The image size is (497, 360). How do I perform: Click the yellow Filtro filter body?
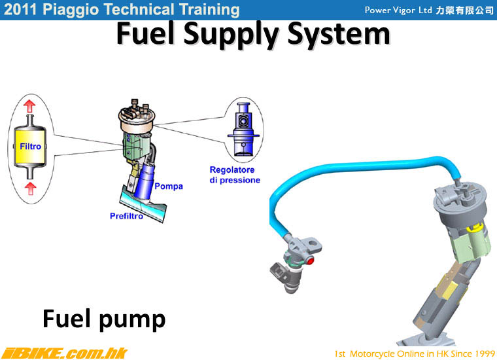(30, 147)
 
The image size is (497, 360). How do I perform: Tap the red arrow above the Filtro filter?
(30, 106)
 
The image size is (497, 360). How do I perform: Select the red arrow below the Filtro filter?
(30, 188)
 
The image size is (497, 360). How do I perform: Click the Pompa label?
(169, 186)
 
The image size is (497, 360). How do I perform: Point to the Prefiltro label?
(126, 216)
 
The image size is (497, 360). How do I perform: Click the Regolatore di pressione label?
(235, 175)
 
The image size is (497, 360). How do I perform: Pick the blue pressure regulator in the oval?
(243, 130)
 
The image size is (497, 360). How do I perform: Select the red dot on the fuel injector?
(311, 261)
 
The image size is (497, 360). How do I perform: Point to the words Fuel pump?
(104, 319)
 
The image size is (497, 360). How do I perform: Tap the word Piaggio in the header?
(71, 10)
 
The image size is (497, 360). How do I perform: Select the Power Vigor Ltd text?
(398, 10)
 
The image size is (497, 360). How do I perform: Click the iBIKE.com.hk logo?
(64, 353)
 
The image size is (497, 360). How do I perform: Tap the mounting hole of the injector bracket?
(313, 244)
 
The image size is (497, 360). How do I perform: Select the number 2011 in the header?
(21, 10)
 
